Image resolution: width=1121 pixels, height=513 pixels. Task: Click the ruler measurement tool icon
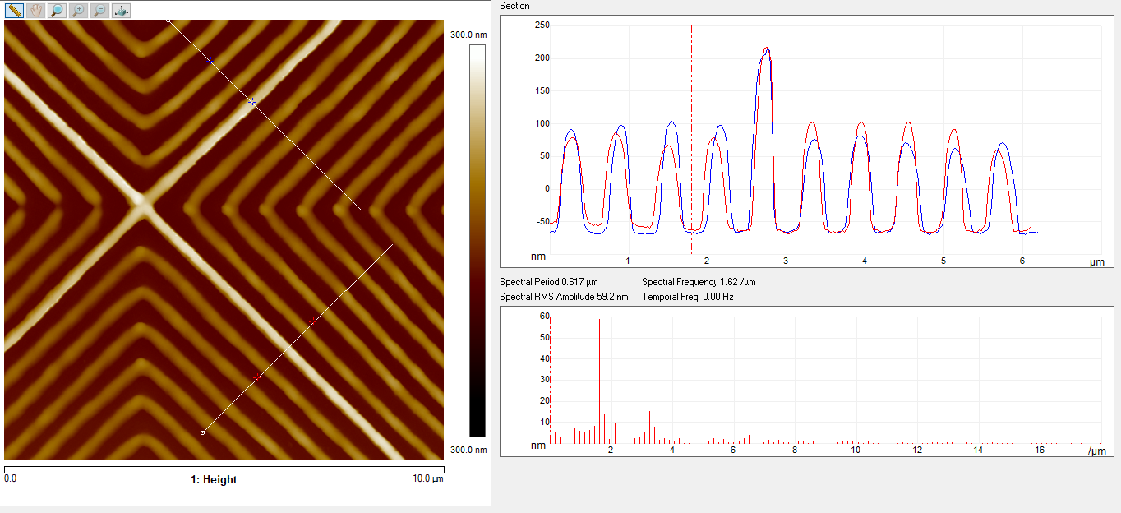point(15,11)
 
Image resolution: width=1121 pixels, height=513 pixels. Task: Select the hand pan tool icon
point(35,11)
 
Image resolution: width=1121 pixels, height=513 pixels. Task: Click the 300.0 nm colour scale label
point(468,35)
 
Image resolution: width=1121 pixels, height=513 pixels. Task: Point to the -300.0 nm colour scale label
point(468,450)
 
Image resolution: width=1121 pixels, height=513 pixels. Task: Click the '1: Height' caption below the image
point(214,479)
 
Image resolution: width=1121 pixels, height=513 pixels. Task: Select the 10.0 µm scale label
point(427,478)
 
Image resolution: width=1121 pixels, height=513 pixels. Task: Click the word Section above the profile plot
point(515,6)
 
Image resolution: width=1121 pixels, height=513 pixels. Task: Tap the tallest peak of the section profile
point(765,49)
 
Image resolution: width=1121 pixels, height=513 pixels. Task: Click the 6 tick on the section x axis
point(1022,261)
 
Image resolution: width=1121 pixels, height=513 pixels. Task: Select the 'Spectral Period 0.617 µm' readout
point(549,282)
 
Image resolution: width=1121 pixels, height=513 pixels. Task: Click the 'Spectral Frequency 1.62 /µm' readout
point(699,282)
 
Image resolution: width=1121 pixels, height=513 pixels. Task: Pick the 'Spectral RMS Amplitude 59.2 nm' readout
point(564,297)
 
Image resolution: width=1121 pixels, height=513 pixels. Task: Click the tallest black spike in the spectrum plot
point(599,320)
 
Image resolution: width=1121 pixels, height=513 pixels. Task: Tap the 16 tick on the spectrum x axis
point(1040,450)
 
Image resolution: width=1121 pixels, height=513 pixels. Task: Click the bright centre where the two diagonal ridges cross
point(141,200)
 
